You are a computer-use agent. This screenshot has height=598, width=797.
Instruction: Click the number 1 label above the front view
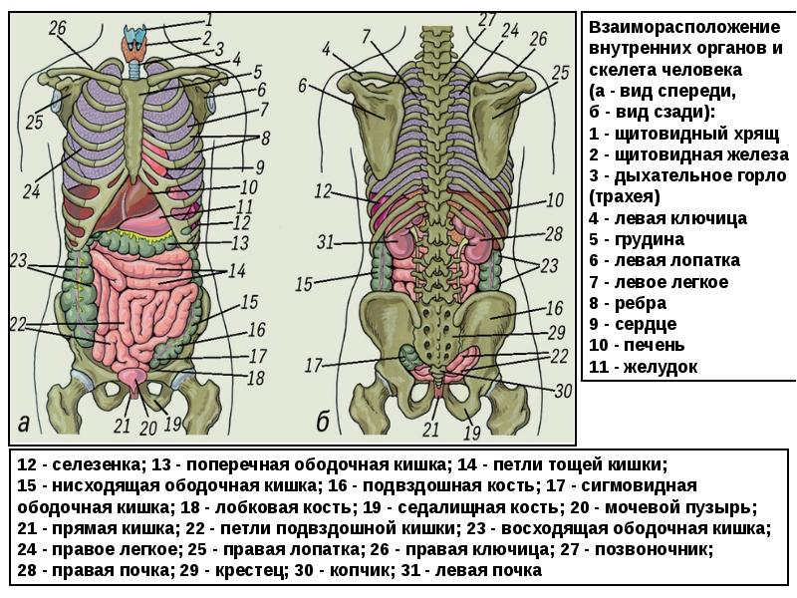click(211, 17)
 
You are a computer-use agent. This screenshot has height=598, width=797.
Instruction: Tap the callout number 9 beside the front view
click(259, 166)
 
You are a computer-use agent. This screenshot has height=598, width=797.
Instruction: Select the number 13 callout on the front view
click(240, 242)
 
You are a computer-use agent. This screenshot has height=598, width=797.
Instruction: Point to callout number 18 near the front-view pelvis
click(256, 378)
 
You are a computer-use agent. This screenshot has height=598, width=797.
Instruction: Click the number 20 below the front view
click(149, 429)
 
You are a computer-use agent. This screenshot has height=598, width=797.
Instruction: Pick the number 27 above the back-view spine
click(487, 19)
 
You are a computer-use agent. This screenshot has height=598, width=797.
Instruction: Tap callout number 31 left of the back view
click(326, 241)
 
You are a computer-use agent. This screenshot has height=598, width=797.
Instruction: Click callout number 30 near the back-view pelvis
click(563, 392)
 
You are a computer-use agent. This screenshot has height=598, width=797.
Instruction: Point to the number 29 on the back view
click(557, 332)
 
